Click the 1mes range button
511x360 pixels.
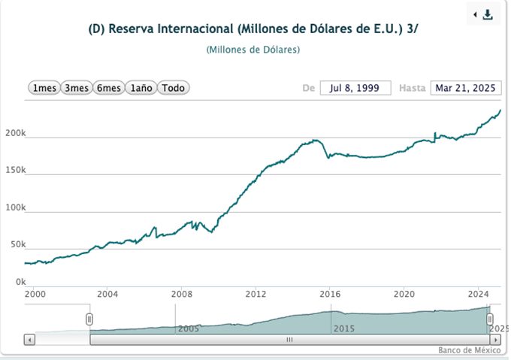pyautogui.click(x=44, y=88)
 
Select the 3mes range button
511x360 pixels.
pyautogui.click(x=76, y=88)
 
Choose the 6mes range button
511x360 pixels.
pyautogui.click(x=108, y=88)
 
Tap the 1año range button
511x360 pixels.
pyautogui.click(x=141, y=88)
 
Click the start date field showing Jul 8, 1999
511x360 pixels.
pyautogui.click(x=355, y=88)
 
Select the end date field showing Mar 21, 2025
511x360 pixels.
pyautogui.click(x=465, y=88)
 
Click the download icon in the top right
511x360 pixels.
pyautogui.click(x=488, y=15)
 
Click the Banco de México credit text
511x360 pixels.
pyautogui.click(x=469, y=350)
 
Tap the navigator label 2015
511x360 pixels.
pyautogui.click(x=343, y=328)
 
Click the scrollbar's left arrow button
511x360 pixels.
pyautogui.click(x=29, y=340)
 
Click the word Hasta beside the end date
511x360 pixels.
pyautogui.click(x=412, y=88)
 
